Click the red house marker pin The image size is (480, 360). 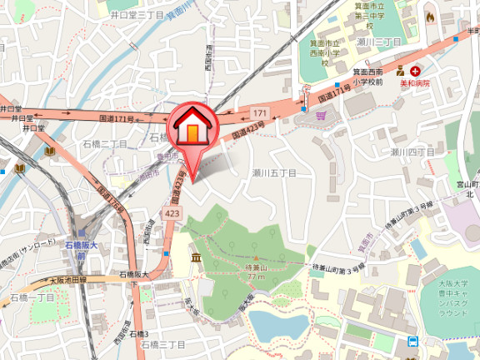[x=193, y=129]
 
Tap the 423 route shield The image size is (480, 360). [x=172, y=214]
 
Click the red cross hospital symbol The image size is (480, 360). [x=414, y=72]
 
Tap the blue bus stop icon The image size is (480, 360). [x=412, y=340]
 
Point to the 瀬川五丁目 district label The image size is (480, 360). [x=275, y=172]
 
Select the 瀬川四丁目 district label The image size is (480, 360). [x=413, y=152]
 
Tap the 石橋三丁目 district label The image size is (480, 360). [x=162, y=344]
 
